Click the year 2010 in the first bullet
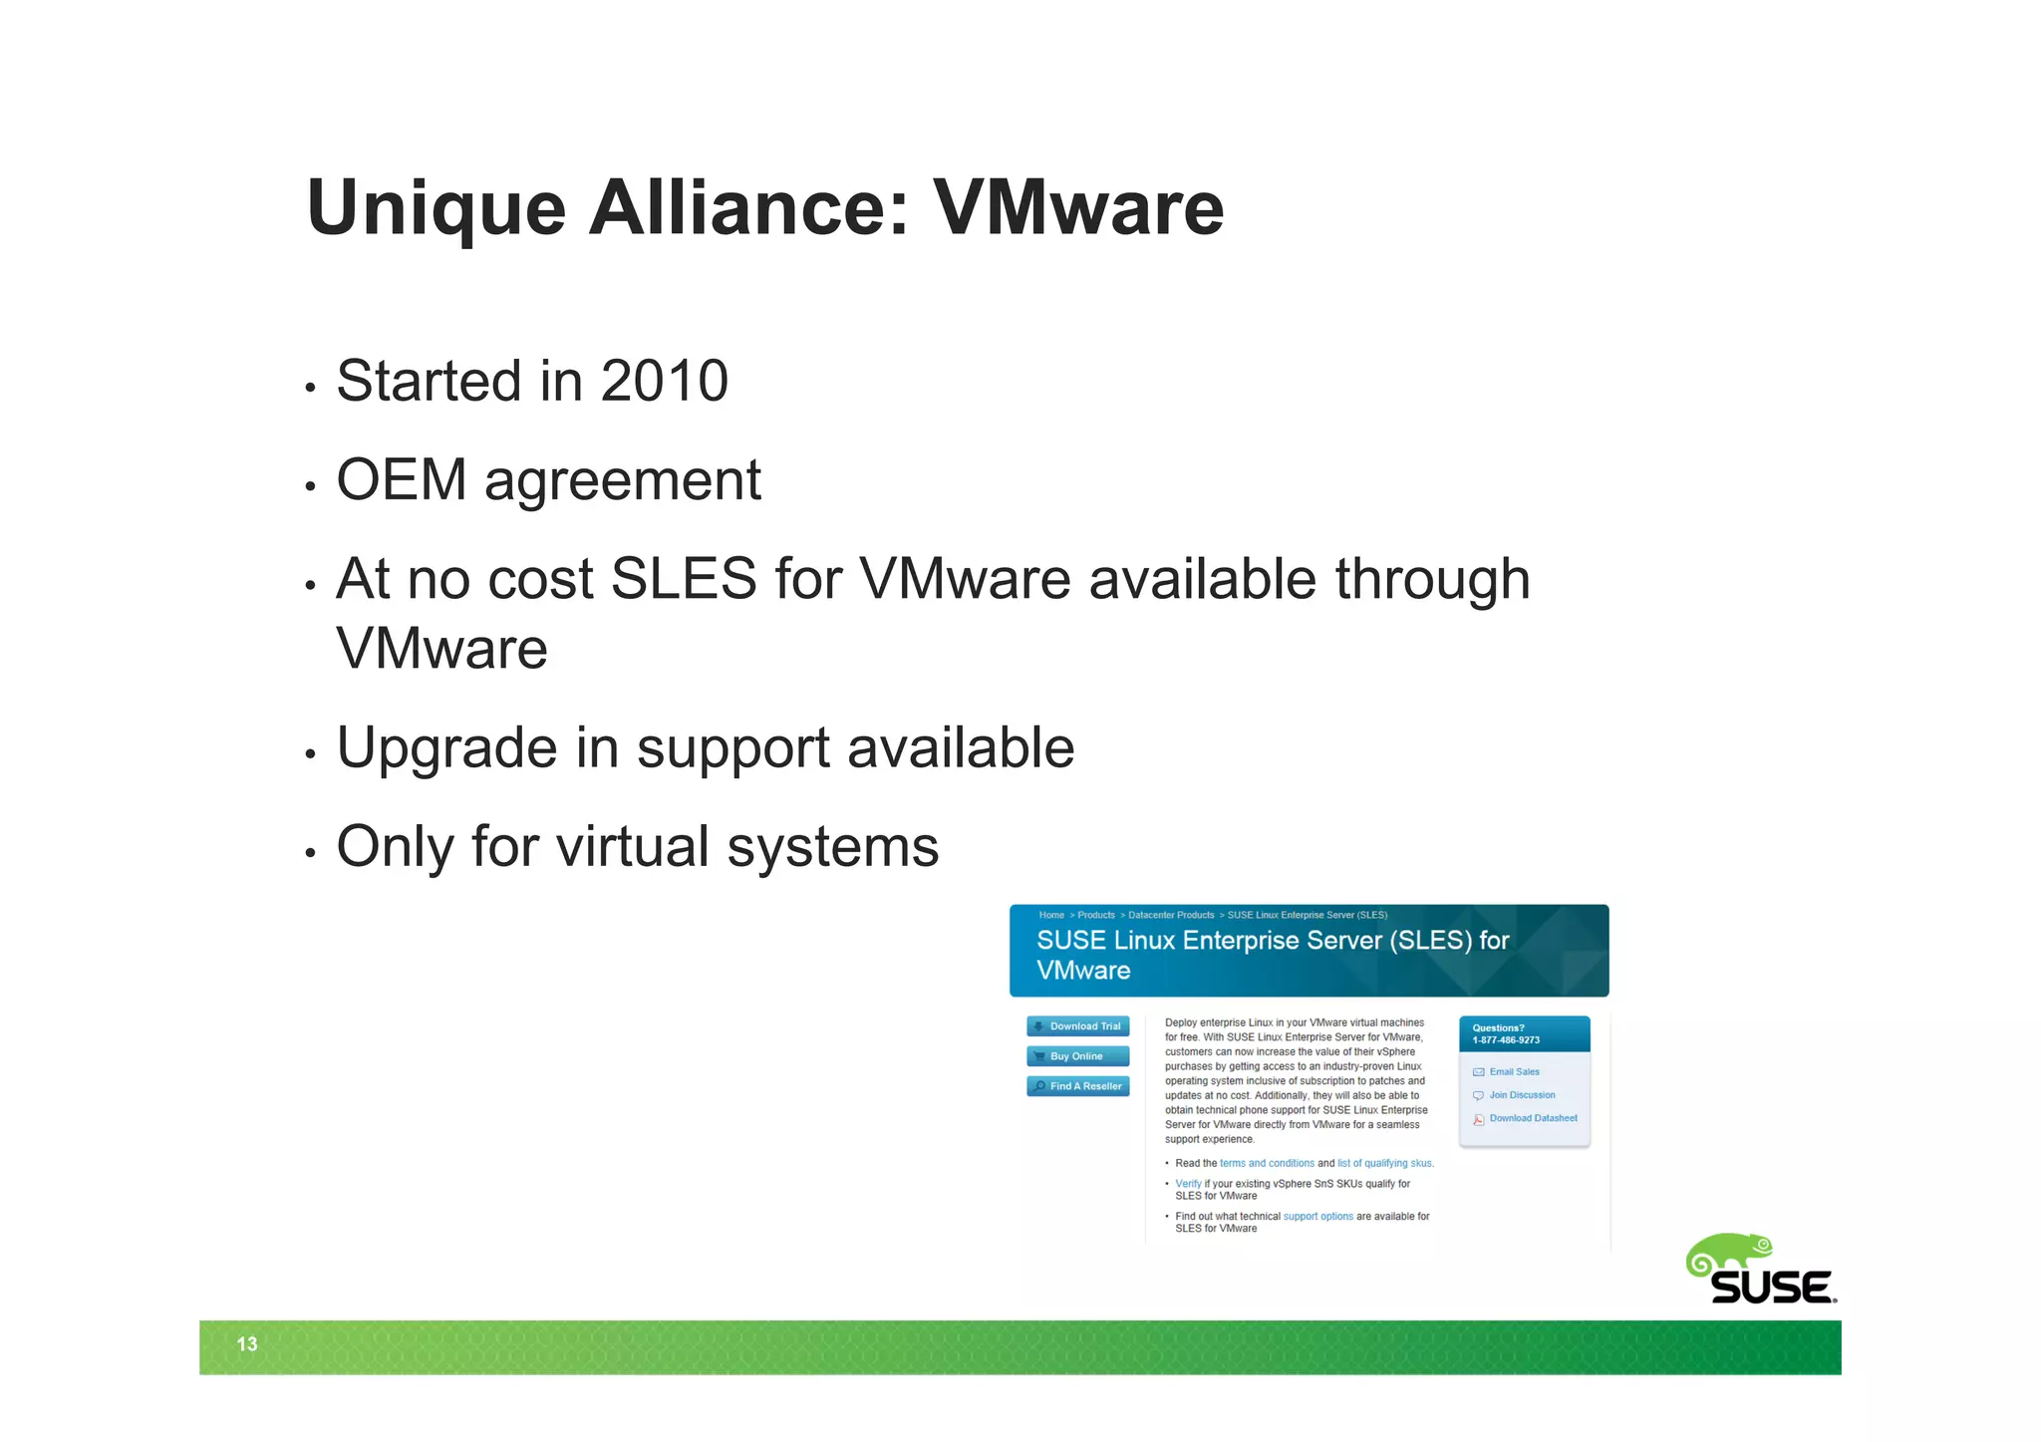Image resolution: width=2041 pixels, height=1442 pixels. tap(664, 381)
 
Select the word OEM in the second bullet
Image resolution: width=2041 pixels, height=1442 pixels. tap(401, 480)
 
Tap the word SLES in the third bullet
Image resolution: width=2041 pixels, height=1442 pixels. tap(684, 579)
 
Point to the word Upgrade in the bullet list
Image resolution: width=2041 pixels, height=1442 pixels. tap(447, 748)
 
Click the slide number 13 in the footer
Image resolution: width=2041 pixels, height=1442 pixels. tap(247, 1344)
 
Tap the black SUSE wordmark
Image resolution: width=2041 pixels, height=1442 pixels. tap(1772, 1288)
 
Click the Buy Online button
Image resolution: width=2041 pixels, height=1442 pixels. tap(1077, 1056)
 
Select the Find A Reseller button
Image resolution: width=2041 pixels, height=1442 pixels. tap(1077, 1086)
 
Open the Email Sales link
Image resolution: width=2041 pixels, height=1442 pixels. tap(1514, 1072)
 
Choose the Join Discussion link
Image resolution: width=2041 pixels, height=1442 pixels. tap(1522, 1095)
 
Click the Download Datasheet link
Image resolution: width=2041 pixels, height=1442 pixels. tap(1533, 1118)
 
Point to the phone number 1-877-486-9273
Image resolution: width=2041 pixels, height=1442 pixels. tap(1506, 1040)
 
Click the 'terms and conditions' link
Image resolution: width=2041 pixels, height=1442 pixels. tap(1267, 1163)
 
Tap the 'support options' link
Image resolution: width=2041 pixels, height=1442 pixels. tap(1317, 1217)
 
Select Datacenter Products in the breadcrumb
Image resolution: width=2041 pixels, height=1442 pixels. tap(1171, 915)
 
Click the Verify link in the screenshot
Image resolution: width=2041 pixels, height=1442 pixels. tap(1188, 1184)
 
